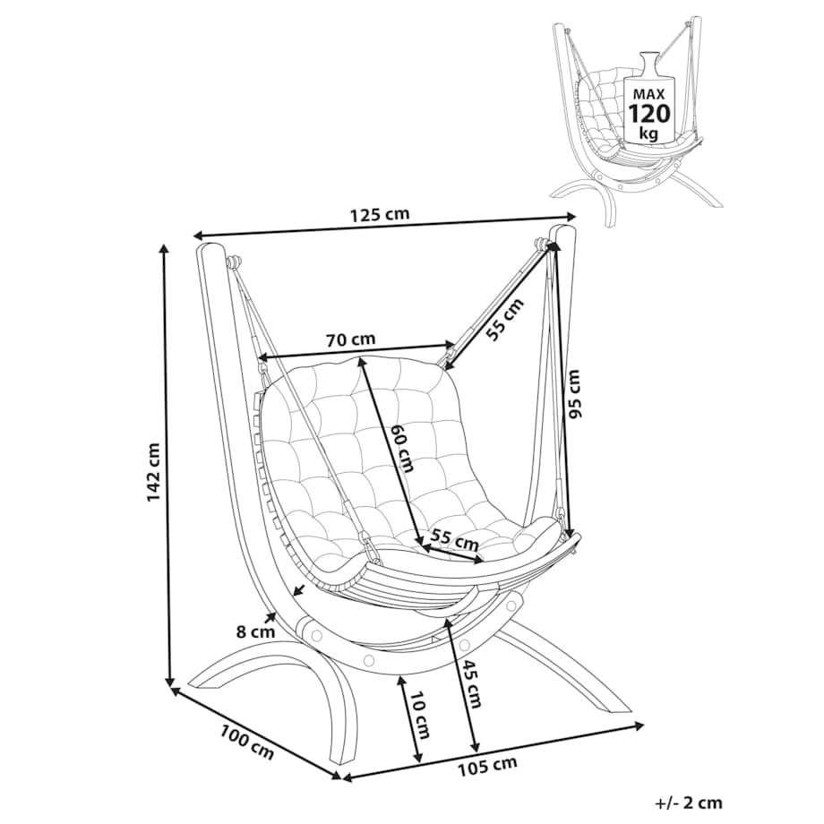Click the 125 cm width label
[379, 214]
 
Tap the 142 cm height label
[154, 472]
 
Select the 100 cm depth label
[246, 742]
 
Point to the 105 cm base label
[487, 766]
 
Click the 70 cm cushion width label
[350, 339]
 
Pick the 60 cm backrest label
[404, 447]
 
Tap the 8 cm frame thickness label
[255, 631]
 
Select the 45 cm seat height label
[471, 682]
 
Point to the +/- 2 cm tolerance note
[689, 803]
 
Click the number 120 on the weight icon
[650, 113]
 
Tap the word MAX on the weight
[649, 95]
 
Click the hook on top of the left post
[234, 262]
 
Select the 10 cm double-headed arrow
[409, 719]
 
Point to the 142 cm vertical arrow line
[167, 465]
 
